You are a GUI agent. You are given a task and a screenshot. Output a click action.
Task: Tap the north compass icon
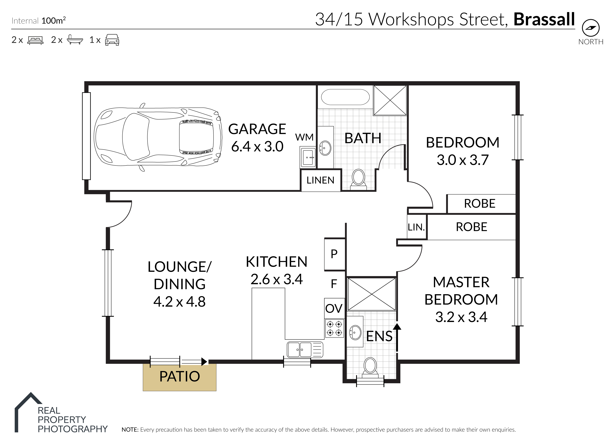pyautogui.click(x=591, y=28)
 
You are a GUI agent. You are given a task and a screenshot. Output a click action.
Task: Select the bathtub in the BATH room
pyautogui.click(x=345, y=97)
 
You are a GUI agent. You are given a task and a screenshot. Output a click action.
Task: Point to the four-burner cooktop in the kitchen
pyautogui.click(x=334, y=328)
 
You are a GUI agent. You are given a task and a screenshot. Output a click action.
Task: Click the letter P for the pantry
pyautogui.click(x=334, y=254)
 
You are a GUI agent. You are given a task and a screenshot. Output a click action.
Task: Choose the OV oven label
pyautogui.click(x=334, y=308)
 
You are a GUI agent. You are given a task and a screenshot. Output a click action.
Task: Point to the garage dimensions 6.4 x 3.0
pyautogui.click(x=257, y=147)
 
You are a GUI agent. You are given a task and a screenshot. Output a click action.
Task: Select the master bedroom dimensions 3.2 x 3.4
pyautogui.click(x=461, y=317)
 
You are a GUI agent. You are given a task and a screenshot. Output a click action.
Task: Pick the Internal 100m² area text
pyautogui.click(x=39, y=21)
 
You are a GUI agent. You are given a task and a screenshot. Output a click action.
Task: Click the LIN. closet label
pyautogui.click(x=416, y=227)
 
